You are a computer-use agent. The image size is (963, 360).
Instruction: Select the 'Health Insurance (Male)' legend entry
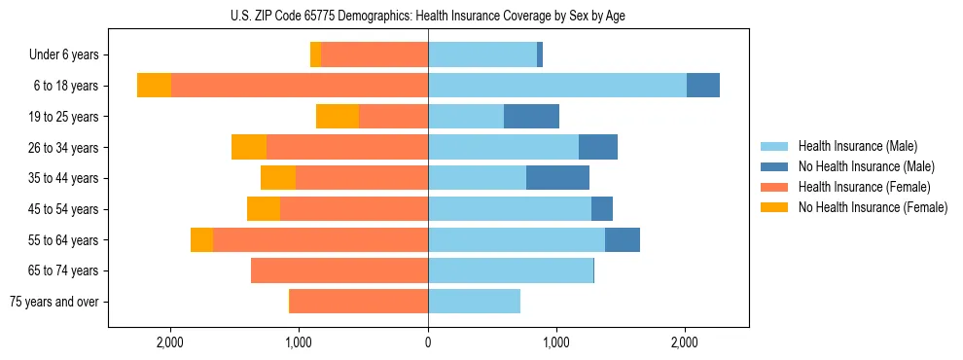[857, 146]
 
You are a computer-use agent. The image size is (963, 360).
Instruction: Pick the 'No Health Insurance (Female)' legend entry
[873, 207]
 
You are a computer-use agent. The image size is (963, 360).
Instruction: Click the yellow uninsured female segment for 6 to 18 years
[154, 86]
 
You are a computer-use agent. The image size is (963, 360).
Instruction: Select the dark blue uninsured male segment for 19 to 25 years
[531, 117]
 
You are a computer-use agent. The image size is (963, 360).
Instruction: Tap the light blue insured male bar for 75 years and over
[474, 302]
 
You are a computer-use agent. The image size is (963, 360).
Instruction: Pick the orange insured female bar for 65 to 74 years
[339, 270]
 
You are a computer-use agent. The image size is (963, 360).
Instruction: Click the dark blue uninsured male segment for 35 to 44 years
[557, 178]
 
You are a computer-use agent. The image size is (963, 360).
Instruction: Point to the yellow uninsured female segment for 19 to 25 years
[338, 117]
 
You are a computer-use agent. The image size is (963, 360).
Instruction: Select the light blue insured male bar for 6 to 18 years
[557, 86]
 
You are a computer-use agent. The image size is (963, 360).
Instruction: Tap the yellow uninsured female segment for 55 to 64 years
[201, 240]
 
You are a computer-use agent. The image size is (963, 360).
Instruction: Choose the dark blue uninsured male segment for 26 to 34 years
[598, 147]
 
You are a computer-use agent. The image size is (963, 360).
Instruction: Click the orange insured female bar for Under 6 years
[374, 55]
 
